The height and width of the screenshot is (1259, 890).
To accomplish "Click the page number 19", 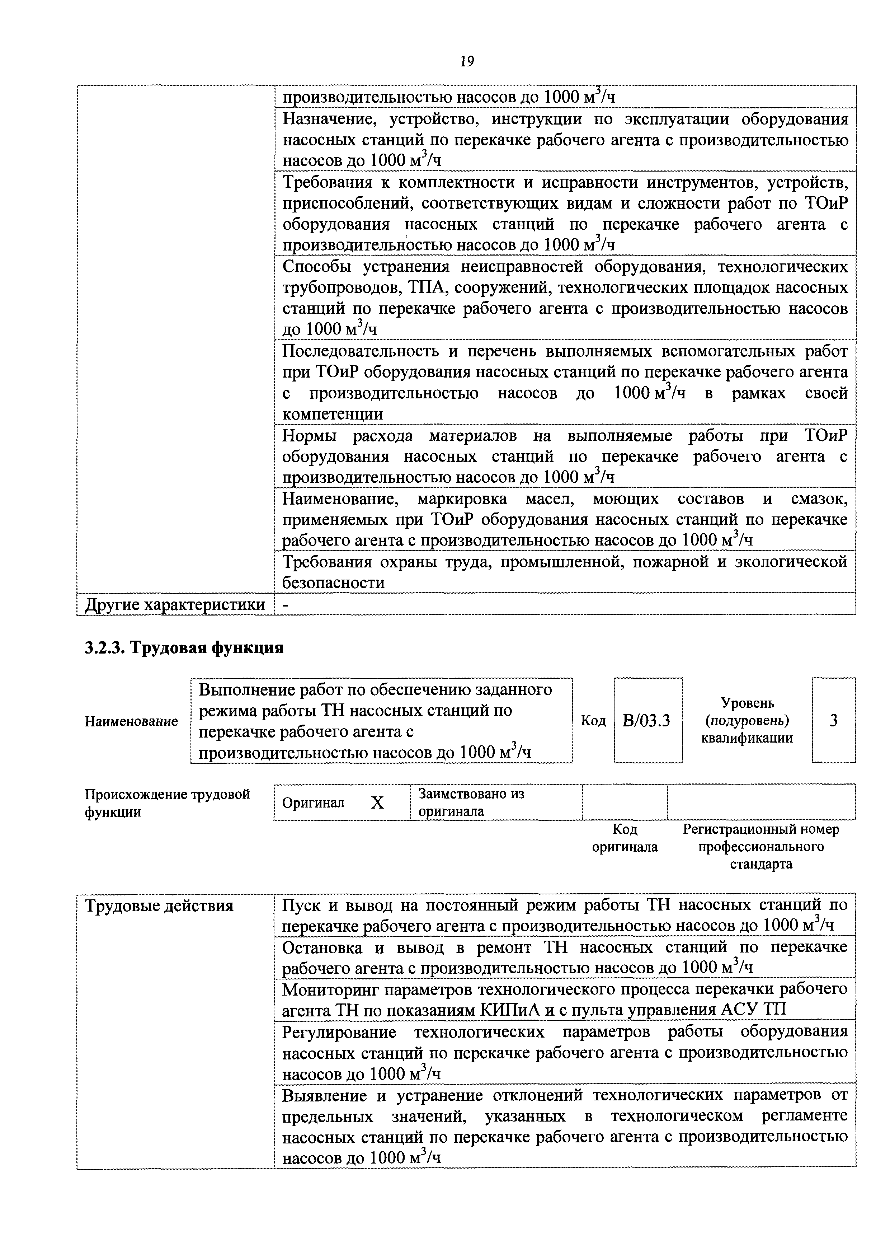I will click(x=467, y=61).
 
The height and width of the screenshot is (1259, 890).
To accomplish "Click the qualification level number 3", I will click(x=833, y=720).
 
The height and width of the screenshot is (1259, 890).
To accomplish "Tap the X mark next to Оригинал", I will click(x=377, y=803).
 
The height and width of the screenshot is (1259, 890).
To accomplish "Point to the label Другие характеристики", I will click(x=175, y=604).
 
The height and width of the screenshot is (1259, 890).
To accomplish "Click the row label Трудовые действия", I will click(x=159, y=906).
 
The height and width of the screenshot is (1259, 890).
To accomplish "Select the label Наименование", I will click(x=131, y=721).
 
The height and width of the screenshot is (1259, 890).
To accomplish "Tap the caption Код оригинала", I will click(x=625, y=838).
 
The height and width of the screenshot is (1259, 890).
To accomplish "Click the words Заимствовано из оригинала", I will click(x=471, y=802).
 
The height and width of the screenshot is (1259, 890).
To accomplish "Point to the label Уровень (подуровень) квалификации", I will click(x=747, y=720).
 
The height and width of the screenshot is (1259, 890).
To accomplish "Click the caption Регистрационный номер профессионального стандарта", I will click(x=760, y=847).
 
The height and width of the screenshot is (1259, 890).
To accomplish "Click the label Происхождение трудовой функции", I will click(x=167, y=803).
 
